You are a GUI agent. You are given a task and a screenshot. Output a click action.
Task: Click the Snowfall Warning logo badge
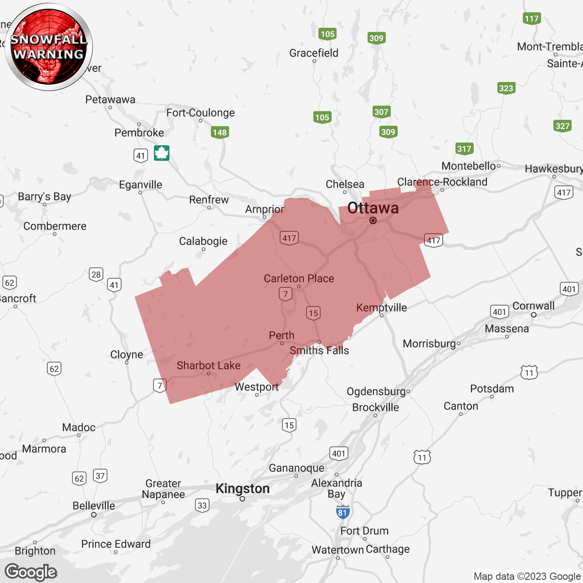coord(49,47)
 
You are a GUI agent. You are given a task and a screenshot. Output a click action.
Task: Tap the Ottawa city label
coord(373,208)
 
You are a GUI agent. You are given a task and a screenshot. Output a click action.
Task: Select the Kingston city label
coord(242,489)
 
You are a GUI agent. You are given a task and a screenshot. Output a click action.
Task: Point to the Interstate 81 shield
coord(343,512)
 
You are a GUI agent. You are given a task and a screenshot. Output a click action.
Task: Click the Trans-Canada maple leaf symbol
coord(162,153)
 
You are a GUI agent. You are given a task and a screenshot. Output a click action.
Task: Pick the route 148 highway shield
coord(220,133)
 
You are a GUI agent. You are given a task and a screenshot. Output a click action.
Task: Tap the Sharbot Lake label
coord(209,365)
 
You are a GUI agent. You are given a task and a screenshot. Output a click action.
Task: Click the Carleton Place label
coord(299,278)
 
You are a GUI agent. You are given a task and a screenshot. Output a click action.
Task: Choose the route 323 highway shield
coord(506,88)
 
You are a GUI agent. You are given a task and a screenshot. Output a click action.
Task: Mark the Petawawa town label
coord(110,99)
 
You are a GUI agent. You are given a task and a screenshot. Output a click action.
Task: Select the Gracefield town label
coord(314,53)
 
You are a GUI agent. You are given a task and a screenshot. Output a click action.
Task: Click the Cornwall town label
coord(533,306)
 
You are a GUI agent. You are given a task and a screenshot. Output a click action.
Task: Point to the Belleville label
coord(94,506)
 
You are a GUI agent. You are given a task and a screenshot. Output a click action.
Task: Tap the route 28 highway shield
coord(96,275)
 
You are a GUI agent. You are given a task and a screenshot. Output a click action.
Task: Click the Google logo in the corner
coord(31,572)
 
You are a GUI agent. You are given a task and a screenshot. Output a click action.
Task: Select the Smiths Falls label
coord(319,350)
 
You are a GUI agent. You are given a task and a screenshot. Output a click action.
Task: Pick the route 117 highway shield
coord(532,19)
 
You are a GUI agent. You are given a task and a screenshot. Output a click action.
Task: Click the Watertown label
coord(338,550)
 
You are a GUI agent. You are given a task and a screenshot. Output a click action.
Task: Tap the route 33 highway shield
coord(202,505)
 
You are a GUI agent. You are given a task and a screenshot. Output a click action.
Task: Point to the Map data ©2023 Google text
coord(527,576)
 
